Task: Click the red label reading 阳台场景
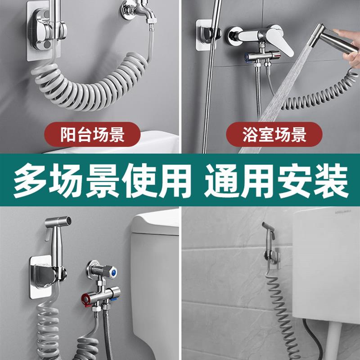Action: point(92,135)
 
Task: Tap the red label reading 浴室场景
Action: point(274,135)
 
